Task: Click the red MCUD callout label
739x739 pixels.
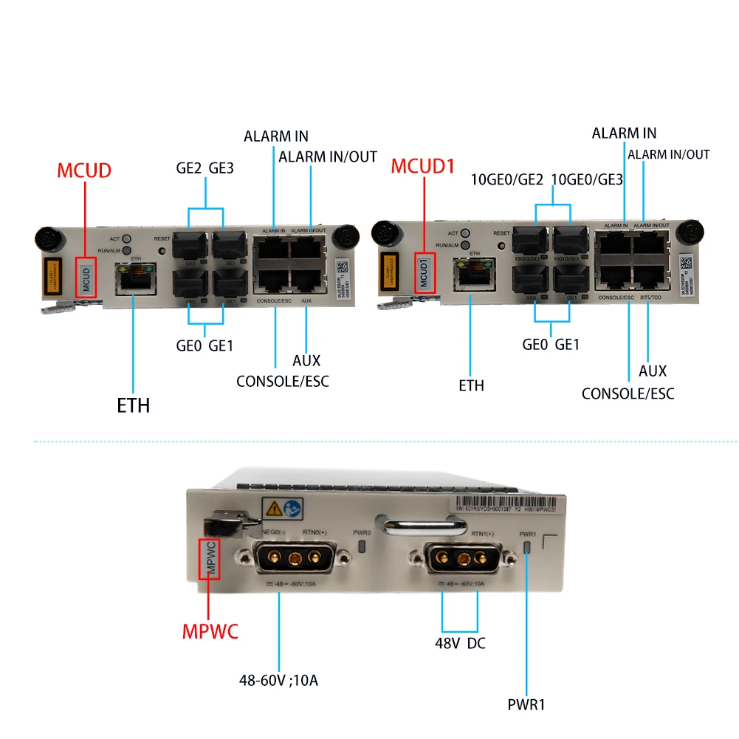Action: coord(84,171)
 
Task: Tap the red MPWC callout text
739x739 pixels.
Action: coord(210,632)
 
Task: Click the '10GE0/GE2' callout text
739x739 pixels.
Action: coord(507,180)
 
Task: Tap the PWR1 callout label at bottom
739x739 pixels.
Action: coord(526,704)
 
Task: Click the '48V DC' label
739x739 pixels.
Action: coord(460,642)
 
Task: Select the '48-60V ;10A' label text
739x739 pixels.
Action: coord(279,679)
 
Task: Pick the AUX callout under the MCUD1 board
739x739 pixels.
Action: coord(653,371)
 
